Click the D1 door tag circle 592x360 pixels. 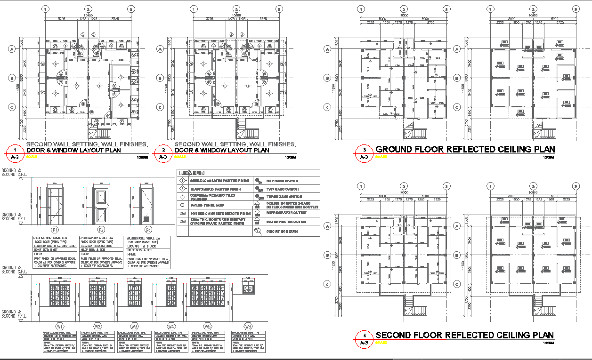tap(55, 230)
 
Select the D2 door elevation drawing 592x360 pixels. tap(101, 203)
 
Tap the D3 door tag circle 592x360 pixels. tap(148, 230)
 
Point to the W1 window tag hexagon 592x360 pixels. tap(60, 326)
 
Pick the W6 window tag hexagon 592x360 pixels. tap(248, 326)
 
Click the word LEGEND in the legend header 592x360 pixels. tap(192, 173)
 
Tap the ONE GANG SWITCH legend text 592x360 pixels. tap(281, 180)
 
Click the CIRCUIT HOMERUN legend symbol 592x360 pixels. tap(258, 231)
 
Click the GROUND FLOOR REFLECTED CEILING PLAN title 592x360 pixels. tap(465, 150)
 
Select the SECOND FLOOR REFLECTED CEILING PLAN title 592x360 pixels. tap(464, 335)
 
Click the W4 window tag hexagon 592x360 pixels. tap(171, 326)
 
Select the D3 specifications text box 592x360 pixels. tap(148, 253)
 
